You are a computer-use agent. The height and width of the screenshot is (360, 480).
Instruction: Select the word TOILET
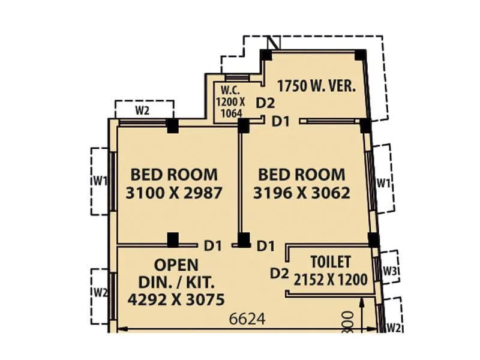click(x=331, y=262)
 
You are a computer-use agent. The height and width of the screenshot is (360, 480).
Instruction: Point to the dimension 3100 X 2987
click(x=174, y=194)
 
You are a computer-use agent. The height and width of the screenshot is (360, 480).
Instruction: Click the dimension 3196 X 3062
click(x=302, y=194)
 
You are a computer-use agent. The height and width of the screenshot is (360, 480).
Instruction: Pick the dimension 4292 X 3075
click(x=176, y=298)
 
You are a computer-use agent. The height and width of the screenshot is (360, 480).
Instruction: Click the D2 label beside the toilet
click(x=279, y=274)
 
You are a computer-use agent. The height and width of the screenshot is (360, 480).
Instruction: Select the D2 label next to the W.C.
click(x=265, y=103)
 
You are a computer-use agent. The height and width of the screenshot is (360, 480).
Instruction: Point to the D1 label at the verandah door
click(x=281, y=121)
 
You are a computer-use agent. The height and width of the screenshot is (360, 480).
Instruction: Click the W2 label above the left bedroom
click(x=143, y=110)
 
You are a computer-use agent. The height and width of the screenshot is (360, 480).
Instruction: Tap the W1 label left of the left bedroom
click(x=100, y=180)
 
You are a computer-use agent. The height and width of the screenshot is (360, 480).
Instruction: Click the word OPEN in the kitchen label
click(x=176, y=265)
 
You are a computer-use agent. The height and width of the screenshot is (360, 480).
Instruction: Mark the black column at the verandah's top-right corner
click(x=359, y=55)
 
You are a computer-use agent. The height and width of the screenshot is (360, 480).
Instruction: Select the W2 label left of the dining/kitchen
click(x=100, y=293)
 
